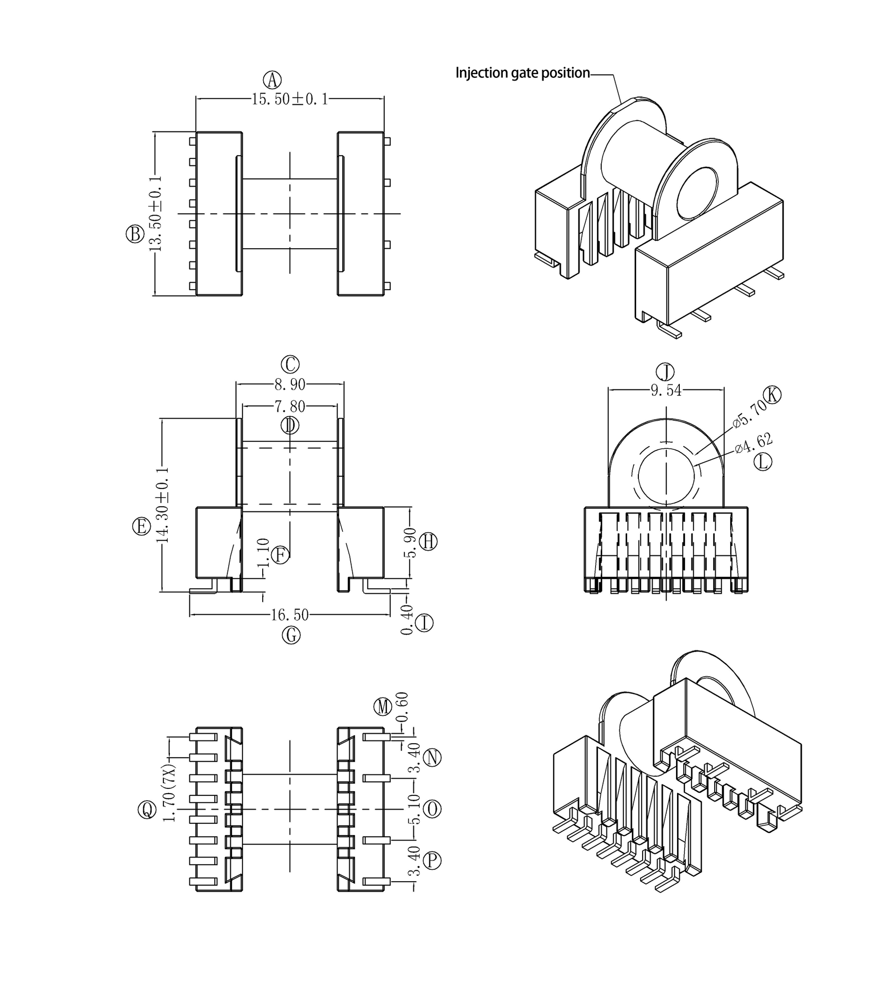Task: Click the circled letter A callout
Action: point(272,80)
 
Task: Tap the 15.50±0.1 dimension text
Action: point(290,99)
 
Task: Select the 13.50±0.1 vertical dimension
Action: point(155,214)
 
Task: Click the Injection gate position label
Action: point(522,73)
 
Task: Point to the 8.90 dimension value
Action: point(290,384)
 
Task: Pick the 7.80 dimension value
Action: point(290,407)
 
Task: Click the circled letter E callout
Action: point(142,526)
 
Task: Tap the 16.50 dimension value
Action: point(290,615)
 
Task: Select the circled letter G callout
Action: point(291,635)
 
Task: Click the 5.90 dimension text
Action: point(411,543)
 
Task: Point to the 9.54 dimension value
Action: point(666,390)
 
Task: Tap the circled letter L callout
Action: point(763,462)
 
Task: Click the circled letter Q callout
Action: point(147,810)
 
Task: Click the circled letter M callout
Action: point(383,707)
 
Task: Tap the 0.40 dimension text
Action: point(406,620)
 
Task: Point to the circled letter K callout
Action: point(772,394)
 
